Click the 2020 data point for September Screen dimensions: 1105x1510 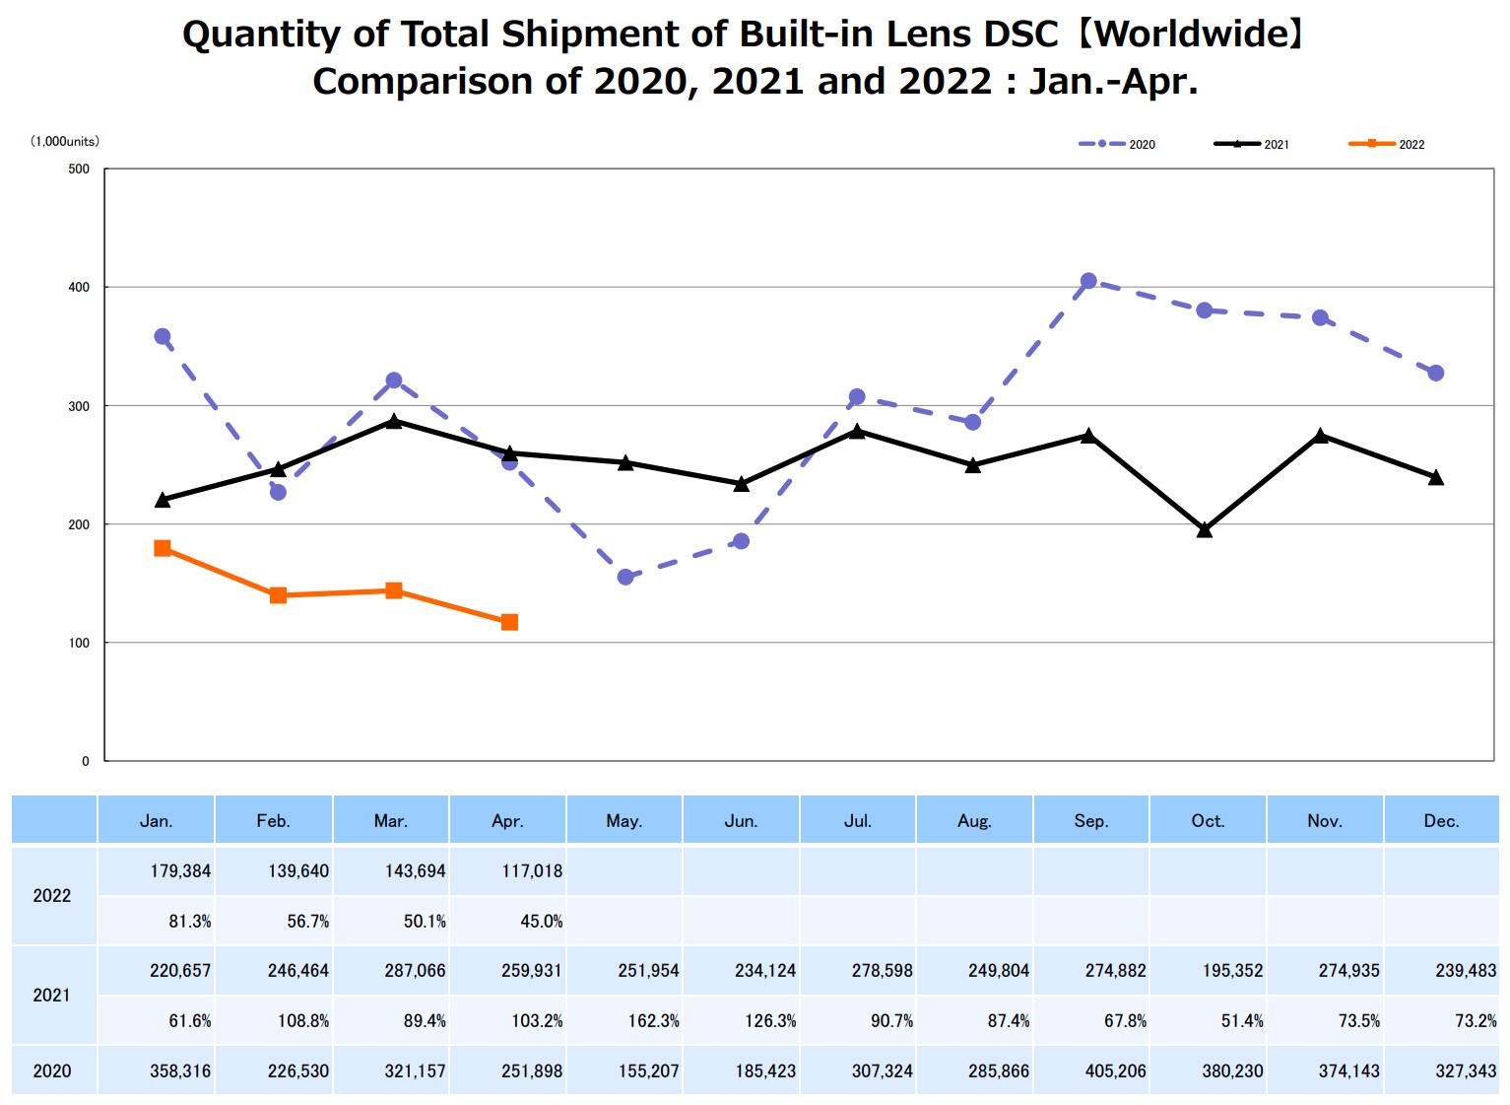click(x=1088, y=281)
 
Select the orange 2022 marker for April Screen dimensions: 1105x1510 click(x=509, y=622)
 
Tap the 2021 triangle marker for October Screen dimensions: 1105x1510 click(x=1204, y=530)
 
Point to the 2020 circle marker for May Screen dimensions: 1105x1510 click(x=625, y=577)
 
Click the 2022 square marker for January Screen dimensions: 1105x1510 click(x=163, y=548)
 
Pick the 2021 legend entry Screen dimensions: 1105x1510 click(x=1252, y=144)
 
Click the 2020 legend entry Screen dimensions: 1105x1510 click(x=1117, y=144)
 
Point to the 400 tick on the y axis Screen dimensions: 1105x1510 click(x=79, y=287)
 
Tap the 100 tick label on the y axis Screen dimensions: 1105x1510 click(x=79, y=643)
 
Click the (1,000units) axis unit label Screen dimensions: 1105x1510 click(x=65, y=141)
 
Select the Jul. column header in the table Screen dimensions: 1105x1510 click(x=858, y=821)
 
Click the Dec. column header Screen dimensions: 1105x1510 click(x=1441, y=821)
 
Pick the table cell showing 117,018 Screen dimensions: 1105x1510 click(x=532, y=871)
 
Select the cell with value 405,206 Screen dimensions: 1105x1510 click(x=1115, y=1071)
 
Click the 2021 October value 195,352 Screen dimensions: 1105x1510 click(x=1232, y=971)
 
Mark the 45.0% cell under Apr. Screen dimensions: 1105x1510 click(x=541, y=922)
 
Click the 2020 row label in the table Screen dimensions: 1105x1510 click(x=52, y=1071)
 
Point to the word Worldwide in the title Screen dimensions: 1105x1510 click(x=1191, y=35)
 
